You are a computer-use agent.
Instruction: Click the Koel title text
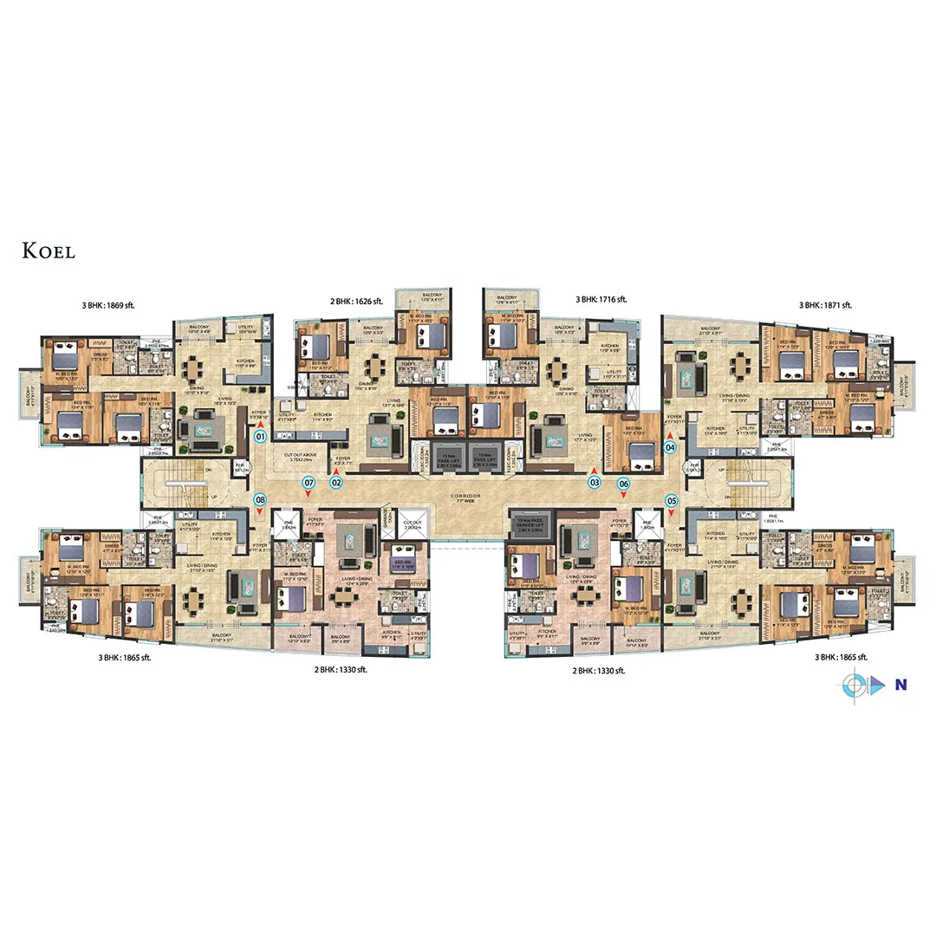tap(49, 251)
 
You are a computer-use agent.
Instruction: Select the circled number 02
tap(335, 482)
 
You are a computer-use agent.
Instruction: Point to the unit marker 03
tap(595, 482)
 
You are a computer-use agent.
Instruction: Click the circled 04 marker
tap(669, 447)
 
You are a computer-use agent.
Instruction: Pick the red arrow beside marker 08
tap(260, 512)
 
